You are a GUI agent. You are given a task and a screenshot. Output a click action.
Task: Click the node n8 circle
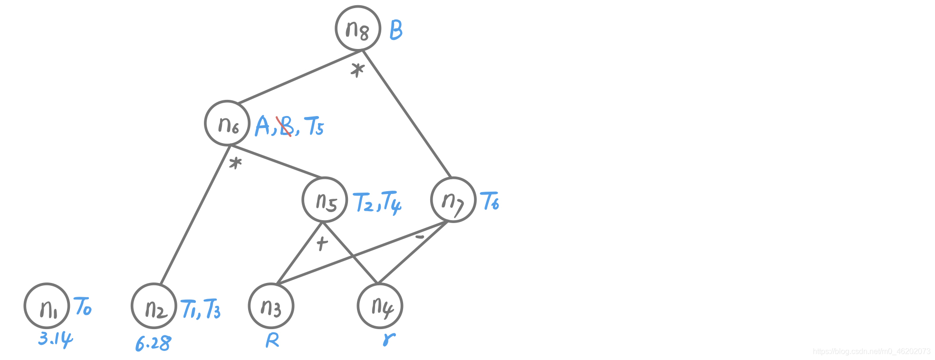point(358,29)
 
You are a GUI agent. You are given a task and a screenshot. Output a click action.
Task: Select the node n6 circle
point(227,123)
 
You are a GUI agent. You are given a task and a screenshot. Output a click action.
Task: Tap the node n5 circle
point(325,200)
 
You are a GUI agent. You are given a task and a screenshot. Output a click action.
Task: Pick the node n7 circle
point(453,200)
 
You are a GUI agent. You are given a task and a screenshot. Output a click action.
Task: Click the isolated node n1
point(47,306)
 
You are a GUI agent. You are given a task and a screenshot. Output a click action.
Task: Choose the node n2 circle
point(154,306)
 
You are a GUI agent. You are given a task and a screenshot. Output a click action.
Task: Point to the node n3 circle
point(271,306)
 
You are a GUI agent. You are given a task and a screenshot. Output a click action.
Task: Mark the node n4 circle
point(380,306)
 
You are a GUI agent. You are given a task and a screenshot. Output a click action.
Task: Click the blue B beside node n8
point(396,30)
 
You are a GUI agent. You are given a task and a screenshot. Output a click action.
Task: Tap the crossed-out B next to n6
point(286,126)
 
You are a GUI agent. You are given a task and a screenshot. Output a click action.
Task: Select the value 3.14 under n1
point(55,339)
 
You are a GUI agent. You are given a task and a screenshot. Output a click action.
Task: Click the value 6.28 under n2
point(153,343)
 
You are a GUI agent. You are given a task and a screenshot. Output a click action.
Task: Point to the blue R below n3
point(272,341)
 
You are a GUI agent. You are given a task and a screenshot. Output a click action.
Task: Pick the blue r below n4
point(389,339)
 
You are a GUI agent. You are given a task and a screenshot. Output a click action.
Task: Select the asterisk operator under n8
point(357,70)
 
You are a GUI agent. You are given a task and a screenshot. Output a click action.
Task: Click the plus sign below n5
point(322,243)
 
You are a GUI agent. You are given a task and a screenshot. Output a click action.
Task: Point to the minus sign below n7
point(419,236)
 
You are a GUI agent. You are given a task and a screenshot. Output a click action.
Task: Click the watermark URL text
point(871,351)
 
